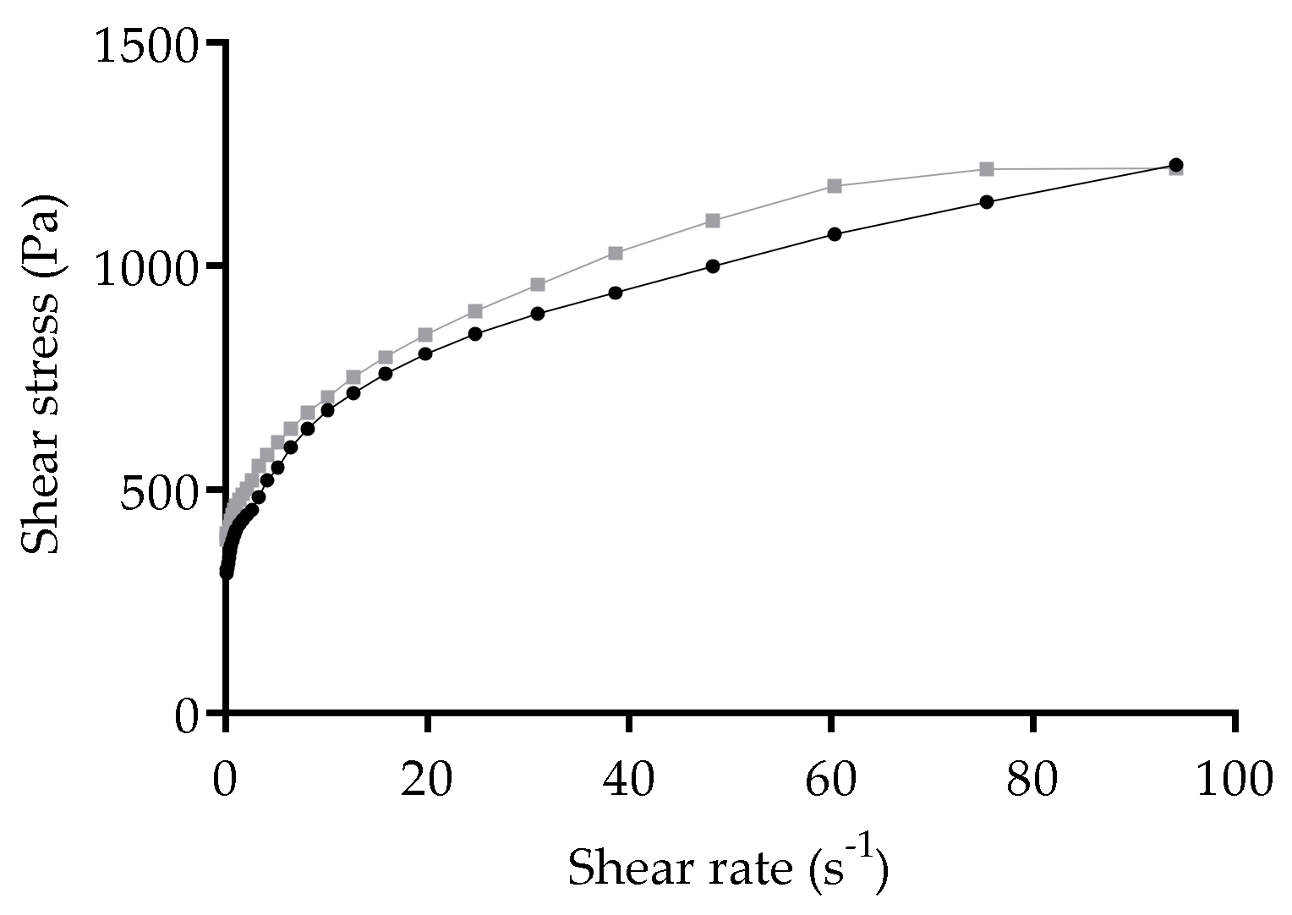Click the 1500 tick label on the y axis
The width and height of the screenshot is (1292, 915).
pyautogui.click(x=146, y=45)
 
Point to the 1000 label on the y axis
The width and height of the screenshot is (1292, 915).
pyautogui.click(x=146, y=268)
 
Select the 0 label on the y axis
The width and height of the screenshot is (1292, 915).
pyautogui.click(x=187, y=716)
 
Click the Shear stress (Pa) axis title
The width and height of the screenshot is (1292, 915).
pyautogui.click(x=41, y=375)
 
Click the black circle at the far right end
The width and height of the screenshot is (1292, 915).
pyautogui.click(x=1175, y=165)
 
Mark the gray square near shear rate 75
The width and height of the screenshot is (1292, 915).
pyautogui.click(x=986, y=169)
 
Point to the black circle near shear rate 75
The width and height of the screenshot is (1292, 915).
pyautogui.click(x=986, y=202)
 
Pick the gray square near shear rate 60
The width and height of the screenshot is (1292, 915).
pyautogui.click(x=835, y=186)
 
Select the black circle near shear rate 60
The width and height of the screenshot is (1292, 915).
pyautogui.click(x=835, y=234)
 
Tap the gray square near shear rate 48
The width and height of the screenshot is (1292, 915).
pyautogui.click(x=713, y=221)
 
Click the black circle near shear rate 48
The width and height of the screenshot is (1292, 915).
pyautogui.click(x=713, y=266)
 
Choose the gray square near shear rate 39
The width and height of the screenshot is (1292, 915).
pyautogui.click(x=616, y=253)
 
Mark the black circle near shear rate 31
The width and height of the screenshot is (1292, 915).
pyautogui.click(x=537, y=314)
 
